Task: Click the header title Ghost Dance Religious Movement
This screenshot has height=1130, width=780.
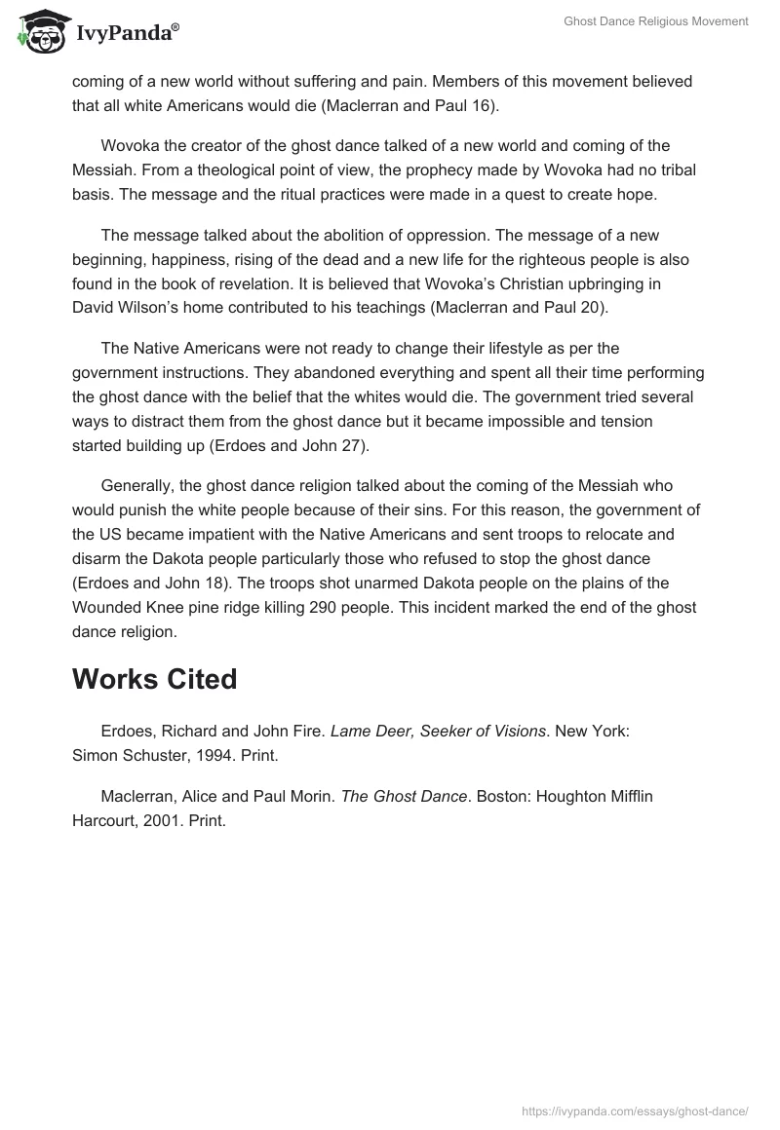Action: coord(655,21)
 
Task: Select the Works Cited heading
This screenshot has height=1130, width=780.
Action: coord(154,679)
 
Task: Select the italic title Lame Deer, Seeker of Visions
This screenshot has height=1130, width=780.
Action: coord(438,732)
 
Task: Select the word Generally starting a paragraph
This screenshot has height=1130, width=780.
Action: coord(137,485)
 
